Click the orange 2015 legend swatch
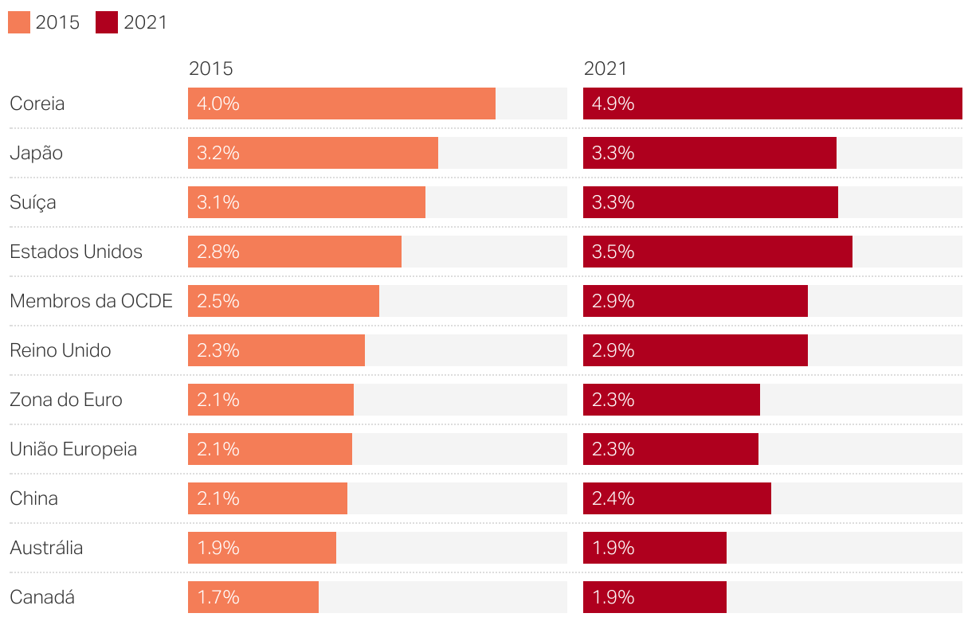(x=19, y=22)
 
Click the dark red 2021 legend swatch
(x=107, y=22)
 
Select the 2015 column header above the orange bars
(x=210, y=68)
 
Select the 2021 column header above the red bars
(x=606, y=68)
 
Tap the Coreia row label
(x=37, y=103)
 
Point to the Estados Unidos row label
(x=76, y=252)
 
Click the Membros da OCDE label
(x=91, y=301)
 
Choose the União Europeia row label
(x=73, y=449)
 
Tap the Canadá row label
(x=41, y=597)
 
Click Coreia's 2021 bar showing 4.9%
(x=772, y=103)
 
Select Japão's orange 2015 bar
(x=312, y=153)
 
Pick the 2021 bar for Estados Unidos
(x=717, y=252)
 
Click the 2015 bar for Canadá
(x=253, y=597)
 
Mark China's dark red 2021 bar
(x=677, y=498)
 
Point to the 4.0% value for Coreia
(x=218, y=103)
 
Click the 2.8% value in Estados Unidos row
(x=218, y=252)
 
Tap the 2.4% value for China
(x=613, y=498)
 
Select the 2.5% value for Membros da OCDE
(x=218, y=301)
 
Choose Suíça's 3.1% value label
(x=218, y=202)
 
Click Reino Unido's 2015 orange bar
(x=276, y=350)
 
